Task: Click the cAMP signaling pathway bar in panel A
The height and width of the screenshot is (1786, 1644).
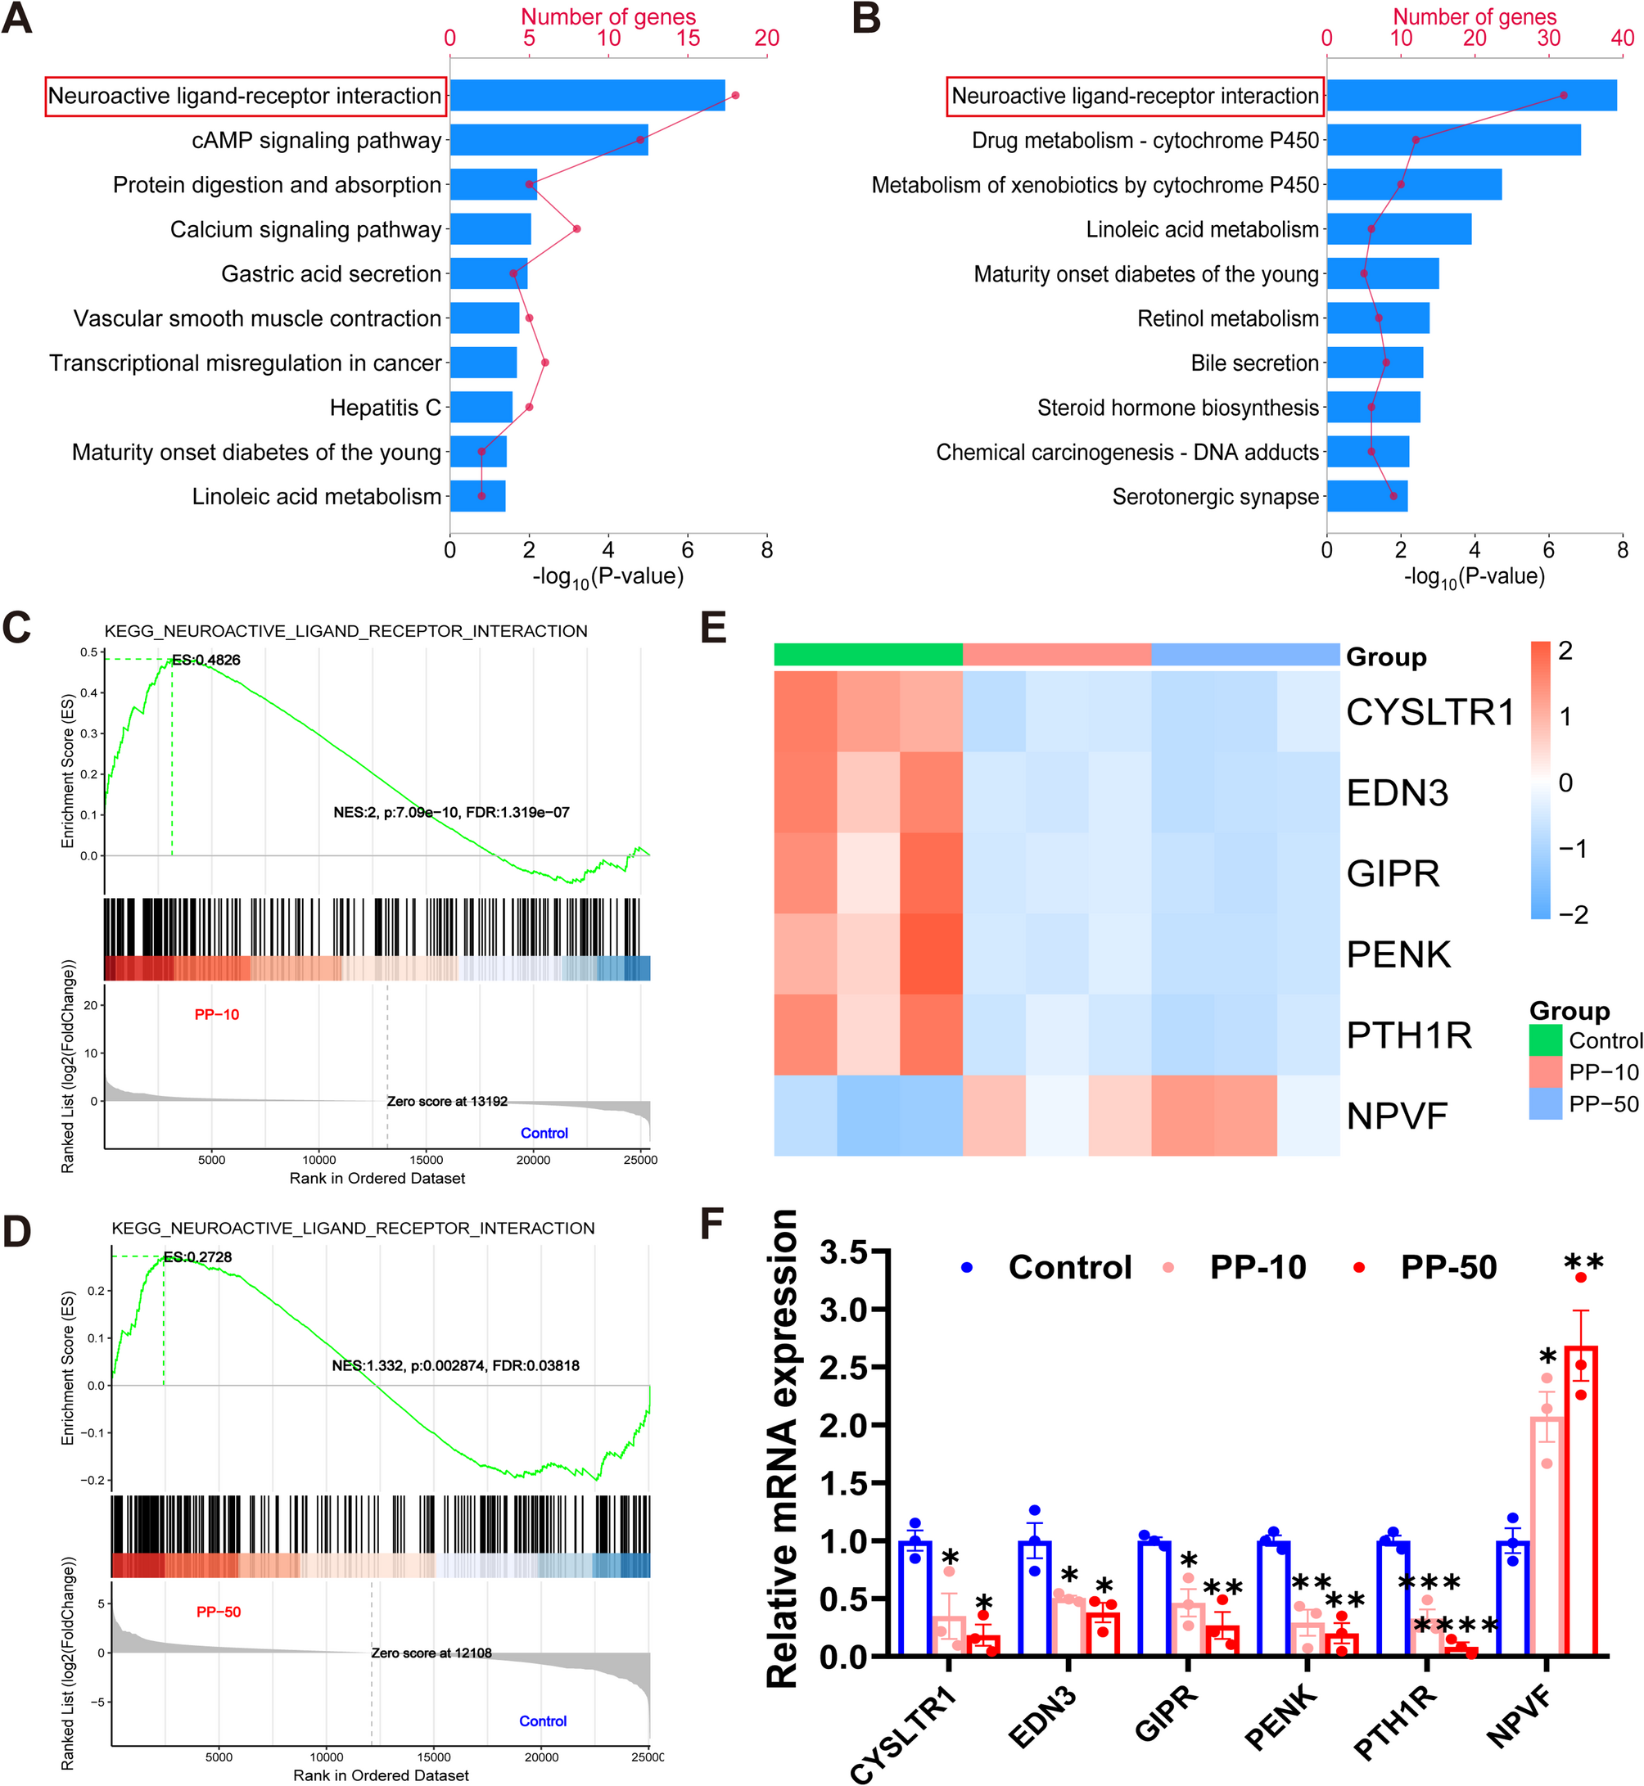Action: pyautogui.click(x=548, y=141)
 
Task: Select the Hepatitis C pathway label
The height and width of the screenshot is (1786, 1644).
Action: pyautogui.click(x=385, y=408)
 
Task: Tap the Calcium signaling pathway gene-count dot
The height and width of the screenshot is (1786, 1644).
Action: pyautogui.click(x=576, y=229)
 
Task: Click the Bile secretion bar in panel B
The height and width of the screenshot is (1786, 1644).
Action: pyautogui.click(x=1375, y=363)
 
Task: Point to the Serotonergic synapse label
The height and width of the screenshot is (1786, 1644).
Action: pyautogui.click(x=1215, y=497)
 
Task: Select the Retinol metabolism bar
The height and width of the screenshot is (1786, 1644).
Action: pyautogui.click(x=1377, y=318)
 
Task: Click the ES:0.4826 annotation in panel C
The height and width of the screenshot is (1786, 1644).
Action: pyautogui.click(x=205, y=660)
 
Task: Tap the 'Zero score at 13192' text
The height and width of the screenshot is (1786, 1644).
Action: pyautogui.click(x=446, y=1101)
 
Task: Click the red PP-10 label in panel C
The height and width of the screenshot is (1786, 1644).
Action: pyautogui.click(x=217, y=1015)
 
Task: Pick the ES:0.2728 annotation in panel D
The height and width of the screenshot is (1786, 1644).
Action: pyautogui.click(x=197, y=1256)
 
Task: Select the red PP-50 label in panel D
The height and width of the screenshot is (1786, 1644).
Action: pyautogui.click(x=219, y=1612)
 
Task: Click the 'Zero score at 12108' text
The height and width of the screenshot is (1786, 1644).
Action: pyautogui.click(x=431, y=1653)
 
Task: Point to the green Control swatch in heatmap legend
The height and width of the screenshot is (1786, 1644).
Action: pyautogui.click(x=1545, y=1040)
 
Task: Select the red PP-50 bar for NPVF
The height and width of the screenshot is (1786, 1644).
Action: pyautogui.click(x=1581, y=1503)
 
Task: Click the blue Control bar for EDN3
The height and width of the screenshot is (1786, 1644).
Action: pyautogui.click(x=1035, y=1598)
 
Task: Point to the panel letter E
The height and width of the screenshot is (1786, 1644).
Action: pyautogui.click(x=713, y=628)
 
